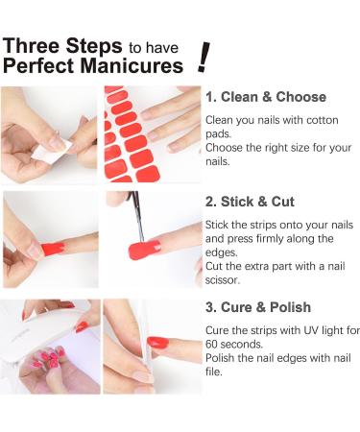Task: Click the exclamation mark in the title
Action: click(x=203, y=57)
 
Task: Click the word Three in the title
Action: click(x=35, y=46)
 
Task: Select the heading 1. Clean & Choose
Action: click(x=266, y=97)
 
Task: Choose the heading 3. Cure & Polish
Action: click(x=258, y=307)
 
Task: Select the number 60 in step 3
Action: click(x=213, y=344)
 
